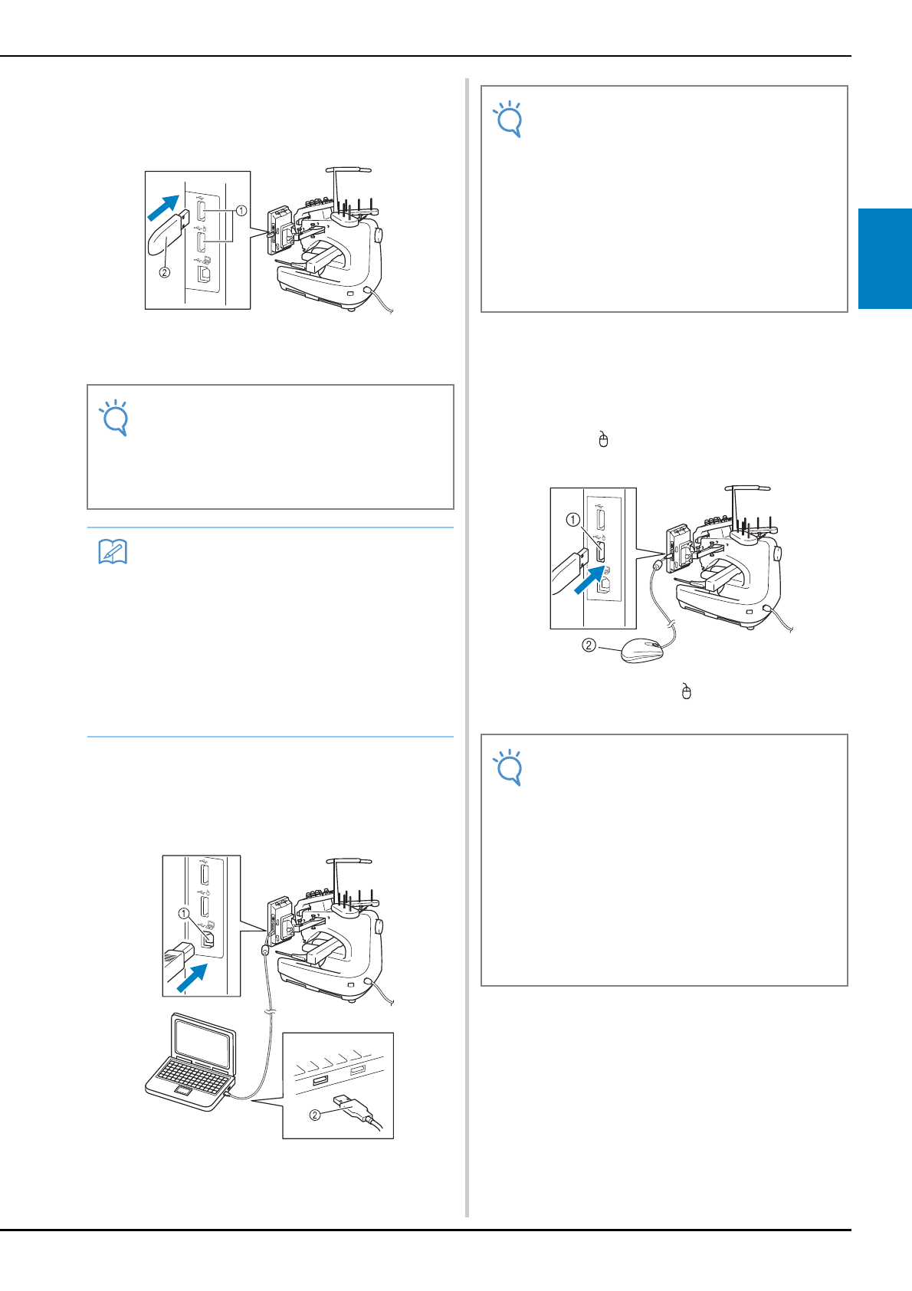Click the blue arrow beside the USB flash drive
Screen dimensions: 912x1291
pyautogui.click(x=163, y=208)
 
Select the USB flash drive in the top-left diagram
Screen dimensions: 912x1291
pyautogui.click(x=168, y=233)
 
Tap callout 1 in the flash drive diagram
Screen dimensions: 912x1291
pyautogui.click(x=241, y=211)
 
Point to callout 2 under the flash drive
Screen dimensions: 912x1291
pyautogui.click(x=165, y=273)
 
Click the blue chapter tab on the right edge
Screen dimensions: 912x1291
pyautogui.click(x=885, y=259)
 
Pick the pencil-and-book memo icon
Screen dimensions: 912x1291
pyautogui.click(x=113, y=551)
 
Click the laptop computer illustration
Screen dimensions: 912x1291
pyautogui.click(x=190, y=1062)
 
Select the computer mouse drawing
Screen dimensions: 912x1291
pyautogui.click(x=641, y=650)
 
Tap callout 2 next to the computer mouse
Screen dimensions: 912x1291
pyautogui.click(x=589, y=645)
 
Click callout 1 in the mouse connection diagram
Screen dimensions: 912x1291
pyautogui.click(x=572, y=520)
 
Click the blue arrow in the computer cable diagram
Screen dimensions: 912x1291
pyautogui.click(x=192, y=978)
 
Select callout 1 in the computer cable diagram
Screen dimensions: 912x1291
pyautogui.click(x=184, y=914)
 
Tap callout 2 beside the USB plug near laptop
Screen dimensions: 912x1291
pyautogui.click(x=315, y=1115)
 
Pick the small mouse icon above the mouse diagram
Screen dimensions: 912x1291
pyautogui.click(x=603, y=439)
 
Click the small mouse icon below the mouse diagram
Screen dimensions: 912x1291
pyautogui.click(x=686, y=691)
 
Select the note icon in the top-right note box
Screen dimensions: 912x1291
pyautogui.click(x=508, y=120)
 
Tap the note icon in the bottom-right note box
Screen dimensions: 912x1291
pyautogui.click(x=508, y=767)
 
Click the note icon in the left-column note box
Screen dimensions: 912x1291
pyautogui.click(x=114, y=418)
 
